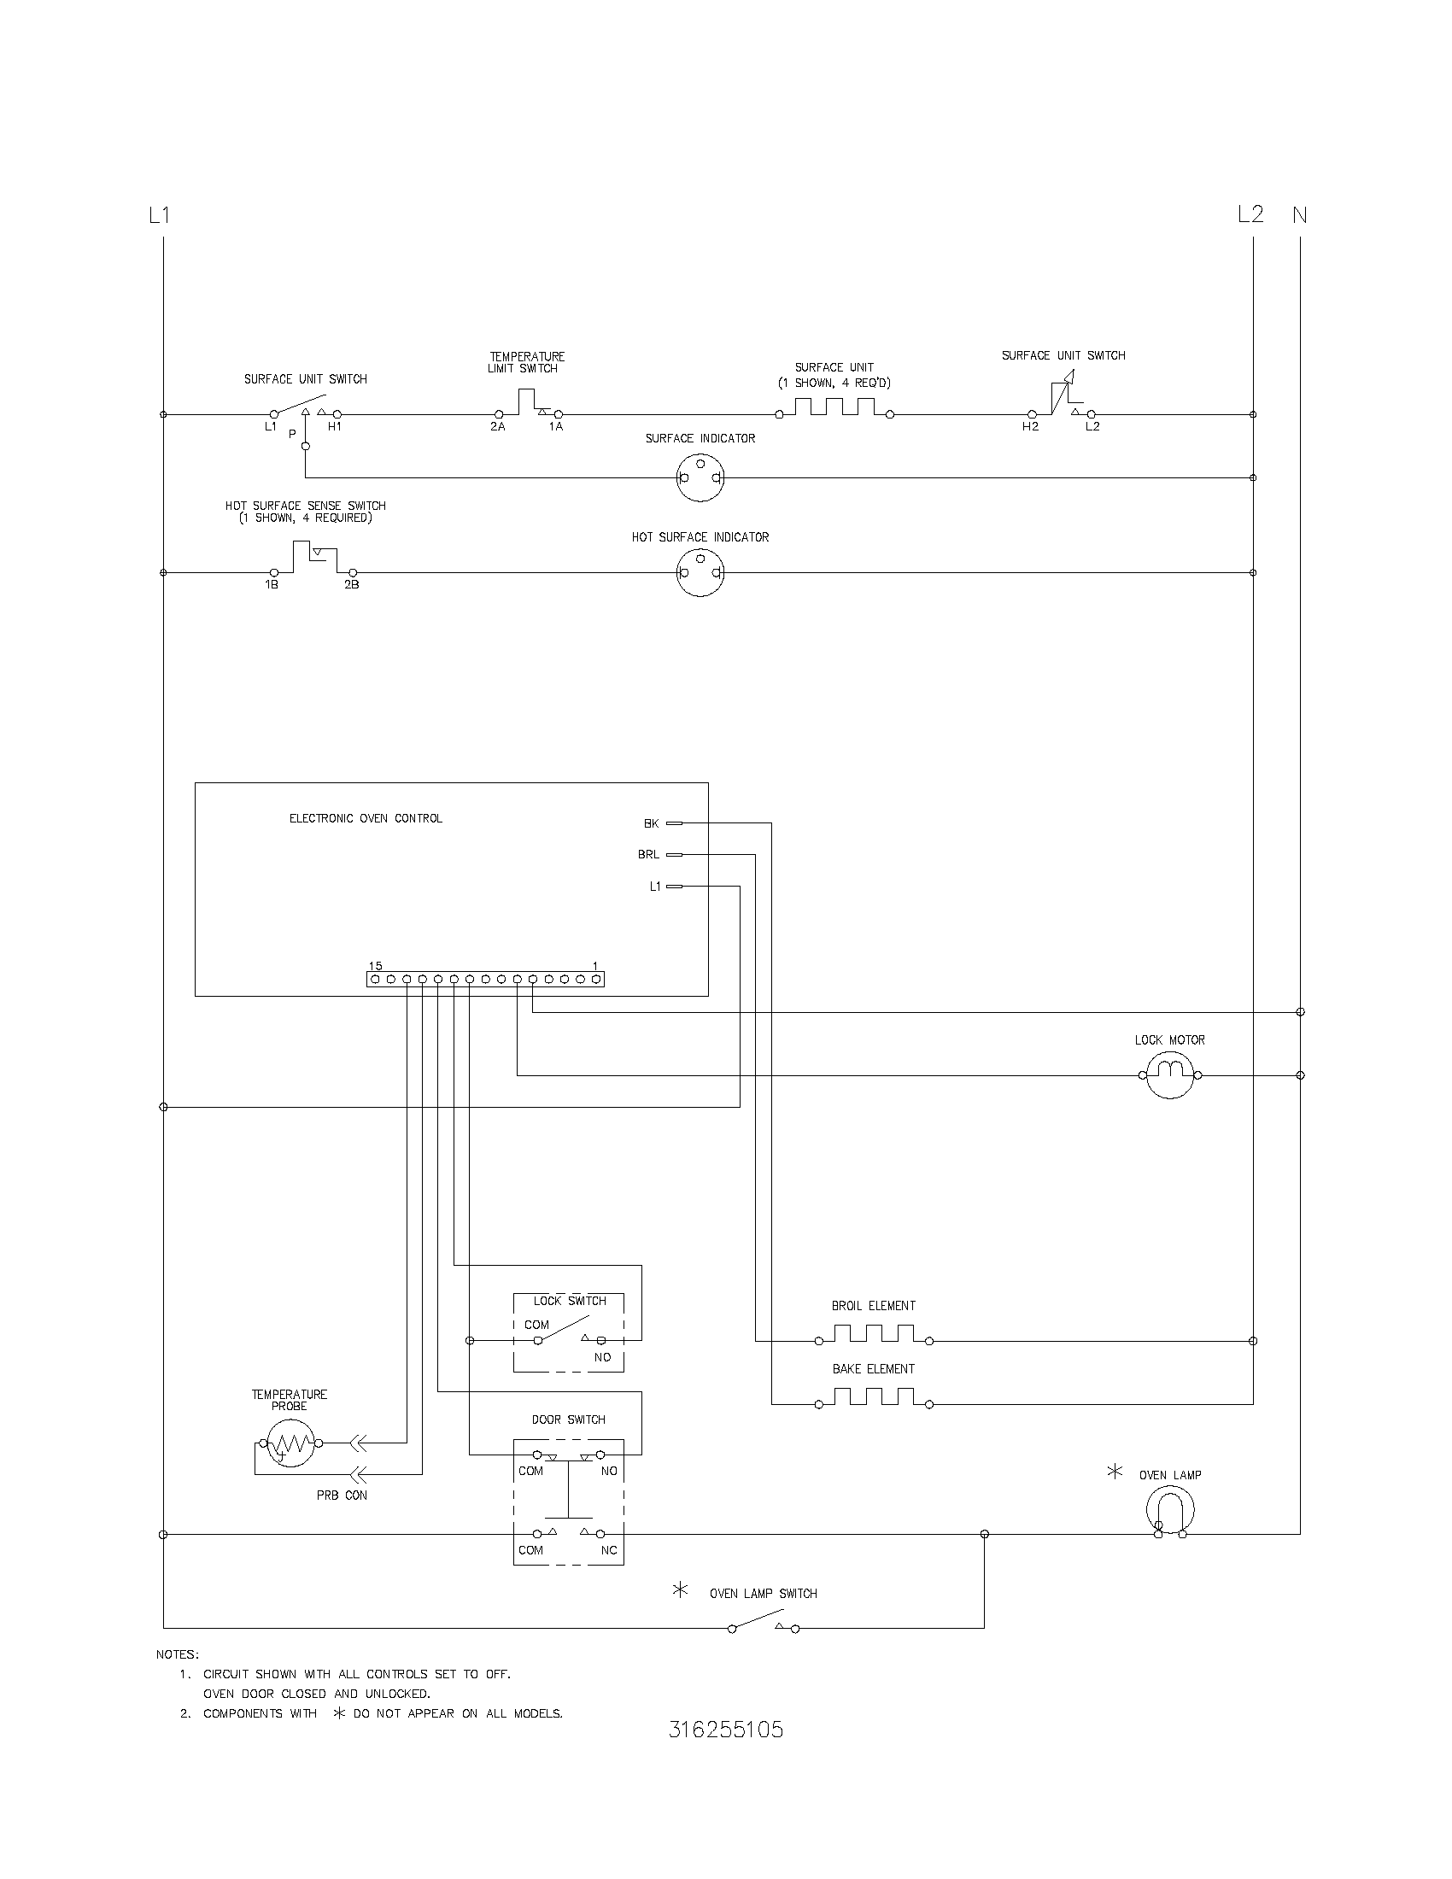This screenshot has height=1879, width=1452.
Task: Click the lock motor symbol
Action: pos(1170,1074)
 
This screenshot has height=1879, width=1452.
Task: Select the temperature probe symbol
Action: pos(290,1443)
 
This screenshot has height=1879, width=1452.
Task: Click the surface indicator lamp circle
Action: pos(700,477)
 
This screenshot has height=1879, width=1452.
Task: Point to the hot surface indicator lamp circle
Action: pos(700,573)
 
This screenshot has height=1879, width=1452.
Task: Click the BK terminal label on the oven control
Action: pos(651,823)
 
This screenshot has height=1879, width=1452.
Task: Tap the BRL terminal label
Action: pos(648,854)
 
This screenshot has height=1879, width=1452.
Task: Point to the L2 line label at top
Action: pos(1250,214)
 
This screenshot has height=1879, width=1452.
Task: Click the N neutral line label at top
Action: pos(1300,215)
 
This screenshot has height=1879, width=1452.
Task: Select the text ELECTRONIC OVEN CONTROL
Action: pos(366,818)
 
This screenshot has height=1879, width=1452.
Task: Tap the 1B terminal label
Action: pos(272,585)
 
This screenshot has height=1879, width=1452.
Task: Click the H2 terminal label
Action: pos(1031,427)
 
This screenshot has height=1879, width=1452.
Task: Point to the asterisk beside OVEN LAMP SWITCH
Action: pos(681,1590)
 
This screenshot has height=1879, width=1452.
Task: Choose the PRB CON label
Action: pos(342,1496)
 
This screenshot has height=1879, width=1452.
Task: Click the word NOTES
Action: pos(177,1654)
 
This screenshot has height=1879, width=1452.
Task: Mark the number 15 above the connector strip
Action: pos(375,966)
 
